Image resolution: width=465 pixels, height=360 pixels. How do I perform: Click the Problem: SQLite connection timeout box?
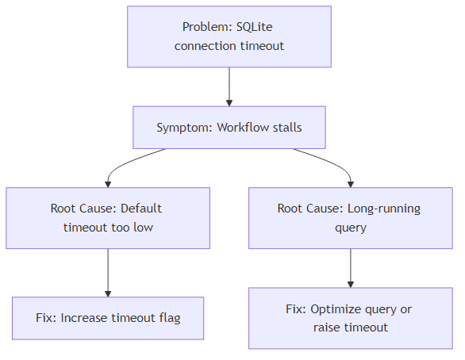tap(229, 36)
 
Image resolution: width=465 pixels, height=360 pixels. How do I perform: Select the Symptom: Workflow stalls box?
tap(229, 128)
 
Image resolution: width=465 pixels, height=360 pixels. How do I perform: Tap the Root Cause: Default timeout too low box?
tap(108, 218)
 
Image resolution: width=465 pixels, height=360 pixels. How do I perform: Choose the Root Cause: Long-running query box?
tap(350, 218)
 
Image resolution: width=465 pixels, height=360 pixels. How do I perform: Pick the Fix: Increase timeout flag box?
tap(108, 318)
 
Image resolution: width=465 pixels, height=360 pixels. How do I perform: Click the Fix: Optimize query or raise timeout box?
tap(350, 318)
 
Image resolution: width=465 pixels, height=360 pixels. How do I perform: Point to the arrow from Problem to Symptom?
tap(229, 86)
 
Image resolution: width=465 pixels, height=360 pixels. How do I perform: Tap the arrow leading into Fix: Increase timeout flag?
tap(108, 273)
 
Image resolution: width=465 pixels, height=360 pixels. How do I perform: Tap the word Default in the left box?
tap(142, 209)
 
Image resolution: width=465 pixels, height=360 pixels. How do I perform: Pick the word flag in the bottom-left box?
tap(167, 318)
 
